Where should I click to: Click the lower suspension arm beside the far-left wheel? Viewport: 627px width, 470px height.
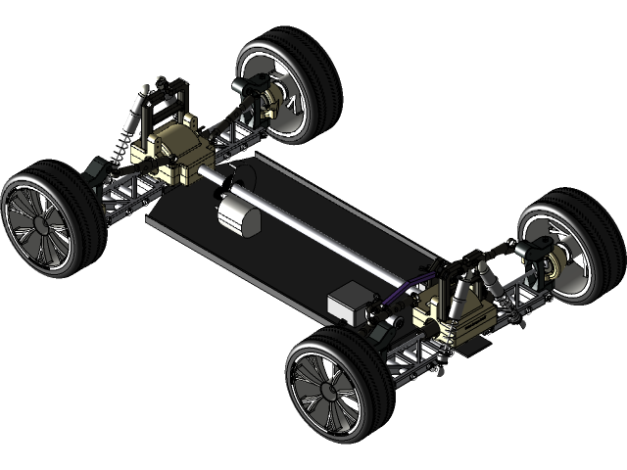(x=122, y=201)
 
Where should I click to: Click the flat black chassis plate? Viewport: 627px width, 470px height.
(x=294, y=264)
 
